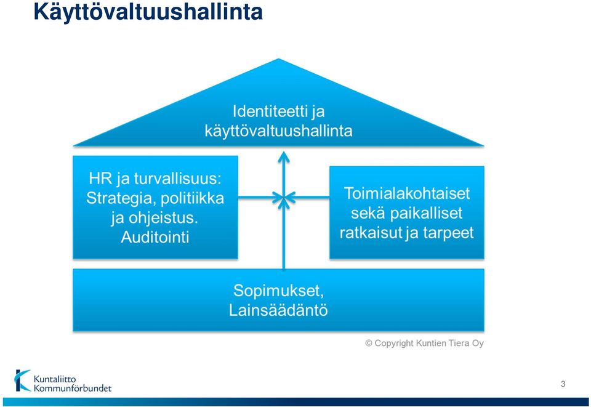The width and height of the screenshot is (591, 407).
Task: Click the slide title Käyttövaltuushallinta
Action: pos(148,12)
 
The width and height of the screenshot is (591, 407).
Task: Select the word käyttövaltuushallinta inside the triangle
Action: pos(278,131)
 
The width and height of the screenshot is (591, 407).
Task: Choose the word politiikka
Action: pos(193,198)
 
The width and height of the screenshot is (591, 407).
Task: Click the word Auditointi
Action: pos(155,238)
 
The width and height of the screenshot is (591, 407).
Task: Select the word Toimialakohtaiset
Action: pos(407,194)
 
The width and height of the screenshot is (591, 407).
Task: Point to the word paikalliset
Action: pos(426,213)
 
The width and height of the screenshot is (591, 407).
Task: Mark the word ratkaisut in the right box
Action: pos(371,233)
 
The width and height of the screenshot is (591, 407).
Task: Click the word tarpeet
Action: pos(448,233)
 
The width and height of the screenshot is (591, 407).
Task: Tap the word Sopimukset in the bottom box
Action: pos(278,291)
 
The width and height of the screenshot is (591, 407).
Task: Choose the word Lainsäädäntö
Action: pos(278,310)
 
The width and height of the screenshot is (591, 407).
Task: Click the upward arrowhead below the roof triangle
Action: pos(283,157)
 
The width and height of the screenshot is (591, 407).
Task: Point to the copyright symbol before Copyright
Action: pos(369,344)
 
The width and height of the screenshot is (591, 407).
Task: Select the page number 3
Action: pos(563,384)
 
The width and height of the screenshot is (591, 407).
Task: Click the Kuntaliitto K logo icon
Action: pos(22,381)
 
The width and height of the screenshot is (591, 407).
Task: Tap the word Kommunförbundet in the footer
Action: pos(73,388)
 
